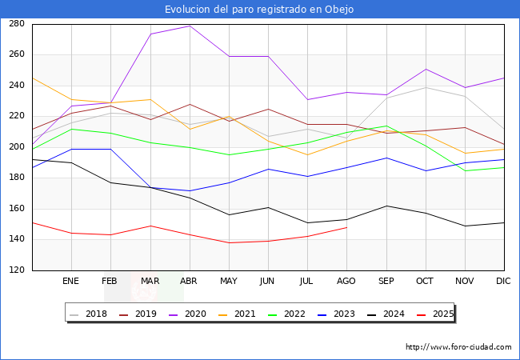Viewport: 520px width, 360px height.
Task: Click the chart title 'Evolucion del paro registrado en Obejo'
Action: (259, 10)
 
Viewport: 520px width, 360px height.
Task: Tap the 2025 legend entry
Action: (441, 314)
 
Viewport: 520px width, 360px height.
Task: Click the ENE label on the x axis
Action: (71, 282)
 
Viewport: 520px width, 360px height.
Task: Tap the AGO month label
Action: (346, 282)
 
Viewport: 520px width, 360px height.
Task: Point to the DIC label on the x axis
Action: (503, 282)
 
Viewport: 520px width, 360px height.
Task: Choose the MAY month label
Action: (229, 282)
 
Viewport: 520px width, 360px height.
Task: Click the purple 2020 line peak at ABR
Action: (190, 26)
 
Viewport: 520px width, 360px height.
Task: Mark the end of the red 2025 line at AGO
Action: (346, 227)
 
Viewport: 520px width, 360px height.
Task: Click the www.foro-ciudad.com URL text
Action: (458, 347)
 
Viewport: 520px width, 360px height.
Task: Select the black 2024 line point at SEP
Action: (386, 206)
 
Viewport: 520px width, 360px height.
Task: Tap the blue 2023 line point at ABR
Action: (190, 191)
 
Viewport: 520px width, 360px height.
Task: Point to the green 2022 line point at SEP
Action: (386, 126)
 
